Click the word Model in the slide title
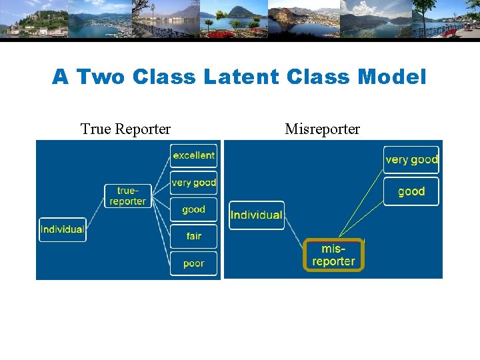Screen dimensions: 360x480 click(391, 77)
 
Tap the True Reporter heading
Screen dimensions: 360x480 click(125, 129)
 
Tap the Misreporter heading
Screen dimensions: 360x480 click(322, 129)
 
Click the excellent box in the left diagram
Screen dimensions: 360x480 click(193, 155)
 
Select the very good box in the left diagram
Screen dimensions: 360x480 click(193, 182)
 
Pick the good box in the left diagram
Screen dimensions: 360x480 click(193, 209)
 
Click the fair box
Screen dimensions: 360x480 click(193, 236)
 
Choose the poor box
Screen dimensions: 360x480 click(193, 263)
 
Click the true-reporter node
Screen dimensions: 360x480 click(127, 196)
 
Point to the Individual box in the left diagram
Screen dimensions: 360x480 click(63, 229)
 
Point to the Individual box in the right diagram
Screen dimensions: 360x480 click(257, 215)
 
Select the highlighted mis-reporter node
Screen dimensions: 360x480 click(333, 255)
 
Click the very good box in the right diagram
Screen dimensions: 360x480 click(411, 159)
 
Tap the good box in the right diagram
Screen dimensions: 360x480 click(411, 191)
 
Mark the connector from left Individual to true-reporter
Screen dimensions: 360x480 click(95, 213)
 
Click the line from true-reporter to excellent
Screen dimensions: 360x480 click(161, 175)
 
